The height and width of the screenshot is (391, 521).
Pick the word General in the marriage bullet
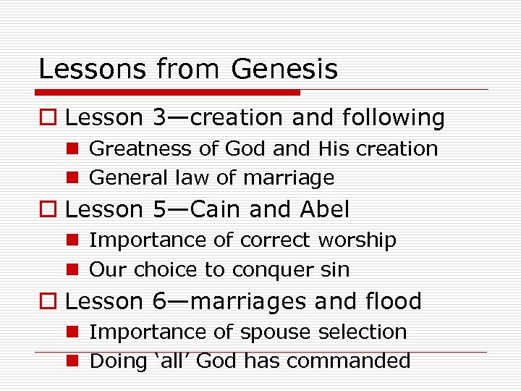point(128,177)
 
